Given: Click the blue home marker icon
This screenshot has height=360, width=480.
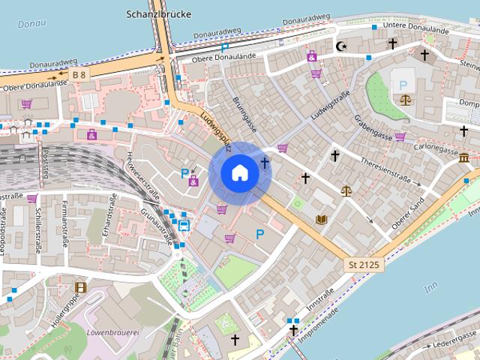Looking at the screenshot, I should click(x=239, y=172).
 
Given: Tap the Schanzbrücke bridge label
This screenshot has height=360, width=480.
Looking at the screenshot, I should click(x=159, y=14).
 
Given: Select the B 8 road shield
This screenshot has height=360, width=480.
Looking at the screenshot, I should click(x=79, y=75).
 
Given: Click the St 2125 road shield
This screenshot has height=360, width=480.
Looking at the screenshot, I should click(x=364, y=265).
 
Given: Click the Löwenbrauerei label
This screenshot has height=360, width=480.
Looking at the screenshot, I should click(x=112, y=331).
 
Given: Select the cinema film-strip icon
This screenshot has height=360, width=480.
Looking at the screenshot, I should click(x=80, y=286).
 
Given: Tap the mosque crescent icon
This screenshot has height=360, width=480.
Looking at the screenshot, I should click(x=342, y=46).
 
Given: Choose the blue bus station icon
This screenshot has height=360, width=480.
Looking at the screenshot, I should click(x=184, y=224).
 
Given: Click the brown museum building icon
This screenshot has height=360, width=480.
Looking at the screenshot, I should click(x=464, y=159).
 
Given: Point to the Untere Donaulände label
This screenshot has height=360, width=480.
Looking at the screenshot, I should click(x=415, y=26).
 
